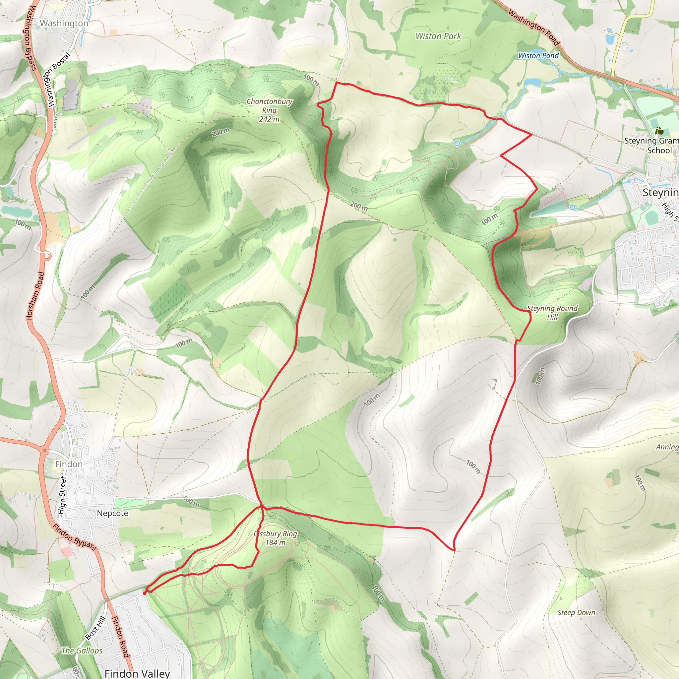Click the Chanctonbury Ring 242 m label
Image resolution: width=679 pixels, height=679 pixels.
pos(269,110)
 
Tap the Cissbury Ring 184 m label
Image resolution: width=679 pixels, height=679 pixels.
pos(276,538)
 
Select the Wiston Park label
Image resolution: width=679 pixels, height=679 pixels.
pos(438,36)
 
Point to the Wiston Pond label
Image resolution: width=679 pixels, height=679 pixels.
pos(538,55)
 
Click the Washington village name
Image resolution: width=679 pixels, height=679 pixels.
pos(64,23)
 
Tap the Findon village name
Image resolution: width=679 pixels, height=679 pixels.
pos(69,464)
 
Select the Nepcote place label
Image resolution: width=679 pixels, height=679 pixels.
pos(112,513)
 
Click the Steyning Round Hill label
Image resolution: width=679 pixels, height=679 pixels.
pos(552,312)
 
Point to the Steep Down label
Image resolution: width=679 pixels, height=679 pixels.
pos(576,613)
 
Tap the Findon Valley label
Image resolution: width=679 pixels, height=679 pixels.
pos(137,673)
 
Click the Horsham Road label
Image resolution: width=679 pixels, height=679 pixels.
pos(35,296)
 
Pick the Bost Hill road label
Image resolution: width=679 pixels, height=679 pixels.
pos(95,628)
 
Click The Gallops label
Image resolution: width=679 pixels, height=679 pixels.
pos(82,650)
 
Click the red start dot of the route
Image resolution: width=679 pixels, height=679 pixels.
pos(145,593)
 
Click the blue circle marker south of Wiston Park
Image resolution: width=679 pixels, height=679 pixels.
pos(457,143)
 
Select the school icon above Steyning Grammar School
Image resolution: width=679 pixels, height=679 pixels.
pos(660,131)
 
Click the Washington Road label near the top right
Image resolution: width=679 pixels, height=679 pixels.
pos(533,28)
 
